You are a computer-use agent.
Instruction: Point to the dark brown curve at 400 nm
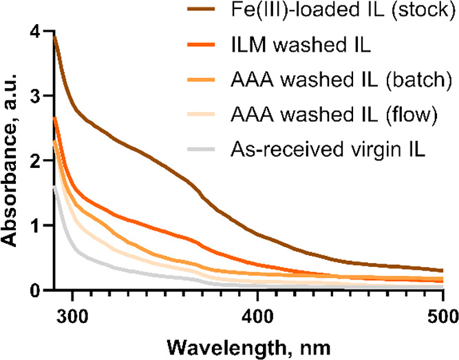point(257,234)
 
